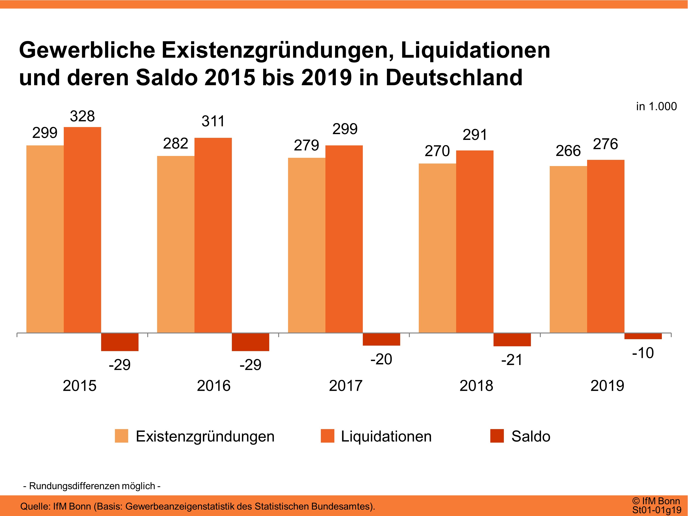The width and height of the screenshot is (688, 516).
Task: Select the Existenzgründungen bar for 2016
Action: (176, 244)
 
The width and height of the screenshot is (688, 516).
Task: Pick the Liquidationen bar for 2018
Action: (475, 242)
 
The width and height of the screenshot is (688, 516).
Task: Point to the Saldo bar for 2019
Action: (643, 336)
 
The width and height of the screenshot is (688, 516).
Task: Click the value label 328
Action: (82, 116)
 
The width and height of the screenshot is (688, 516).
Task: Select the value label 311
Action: (213, 121)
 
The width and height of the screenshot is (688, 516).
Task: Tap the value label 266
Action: (568, 151)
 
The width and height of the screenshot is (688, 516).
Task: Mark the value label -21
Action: (512, 360)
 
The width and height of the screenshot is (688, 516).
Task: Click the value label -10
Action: (643, 353)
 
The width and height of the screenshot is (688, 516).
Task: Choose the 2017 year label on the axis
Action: (346, 386)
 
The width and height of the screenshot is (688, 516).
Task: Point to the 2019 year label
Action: (607, 386)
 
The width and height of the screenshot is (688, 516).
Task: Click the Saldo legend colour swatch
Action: (497, 436)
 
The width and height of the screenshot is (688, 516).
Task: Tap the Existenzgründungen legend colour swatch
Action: (121, 436)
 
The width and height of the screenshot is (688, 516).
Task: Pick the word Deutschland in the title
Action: (454, 78)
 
